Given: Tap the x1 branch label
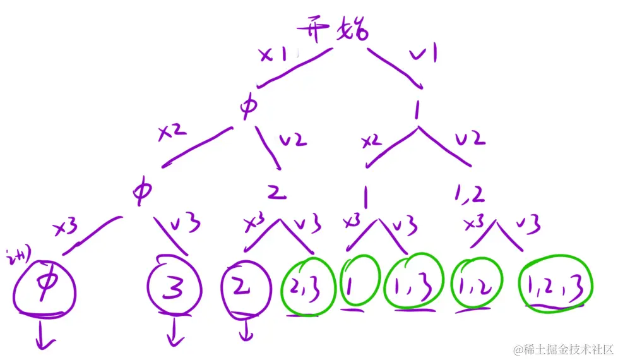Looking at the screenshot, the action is point(273,56).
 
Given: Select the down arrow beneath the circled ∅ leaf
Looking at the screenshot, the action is point(44,335).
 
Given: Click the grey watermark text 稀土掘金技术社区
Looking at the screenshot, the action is point(563,348).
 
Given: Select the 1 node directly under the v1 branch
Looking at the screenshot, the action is point(416,110).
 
